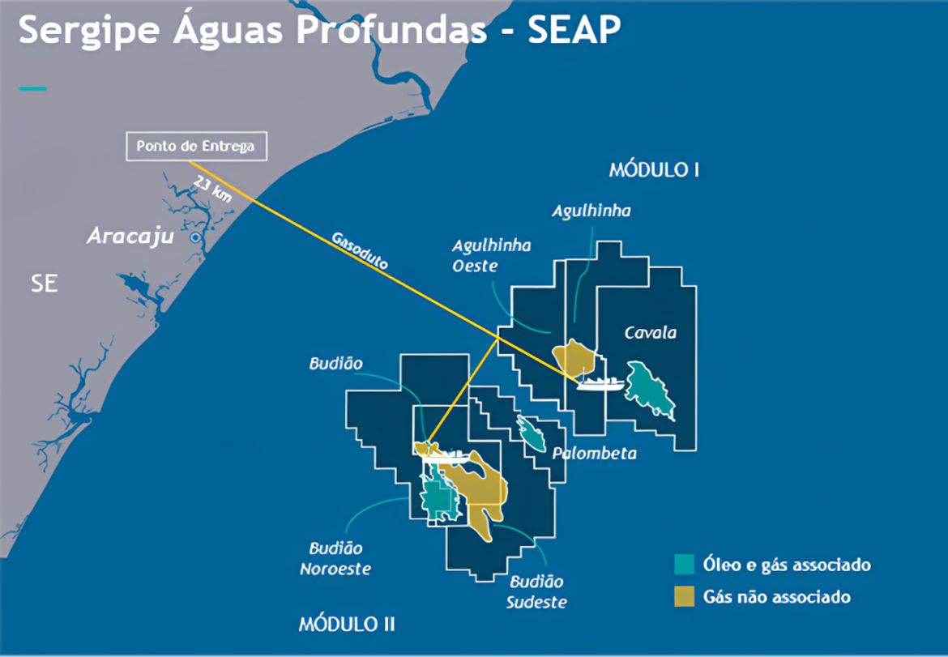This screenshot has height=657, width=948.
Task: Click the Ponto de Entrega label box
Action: [195, 147]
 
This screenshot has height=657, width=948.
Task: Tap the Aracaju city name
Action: [130, 237]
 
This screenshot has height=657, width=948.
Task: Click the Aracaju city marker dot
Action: [195, 237]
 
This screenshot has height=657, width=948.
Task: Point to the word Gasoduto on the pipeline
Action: [360, 252]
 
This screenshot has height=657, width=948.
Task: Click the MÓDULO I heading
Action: [655, 170]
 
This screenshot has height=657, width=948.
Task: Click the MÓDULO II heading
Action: [347, 624]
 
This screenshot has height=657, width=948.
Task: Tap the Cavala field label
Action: [650, 332]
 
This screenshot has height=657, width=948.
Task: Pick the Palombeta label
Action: [594, 453]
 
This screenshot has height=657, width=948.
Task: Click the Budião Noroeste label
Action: [335, 559]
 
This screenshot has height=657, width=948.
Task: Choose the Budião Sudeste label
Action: [536, 591]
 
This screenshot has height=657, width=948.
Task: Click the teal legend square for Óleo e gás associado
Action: [685, 565]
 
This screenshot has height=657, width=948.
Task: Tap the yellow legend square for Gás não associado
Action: [685, 597]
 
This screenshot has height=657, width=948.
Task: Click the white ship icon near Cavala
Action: [600, 382]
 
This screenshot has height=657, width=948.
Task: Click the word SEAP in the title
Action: [574, 31]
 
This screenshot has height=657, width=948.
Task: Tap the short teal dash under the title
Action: [32, 88]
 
